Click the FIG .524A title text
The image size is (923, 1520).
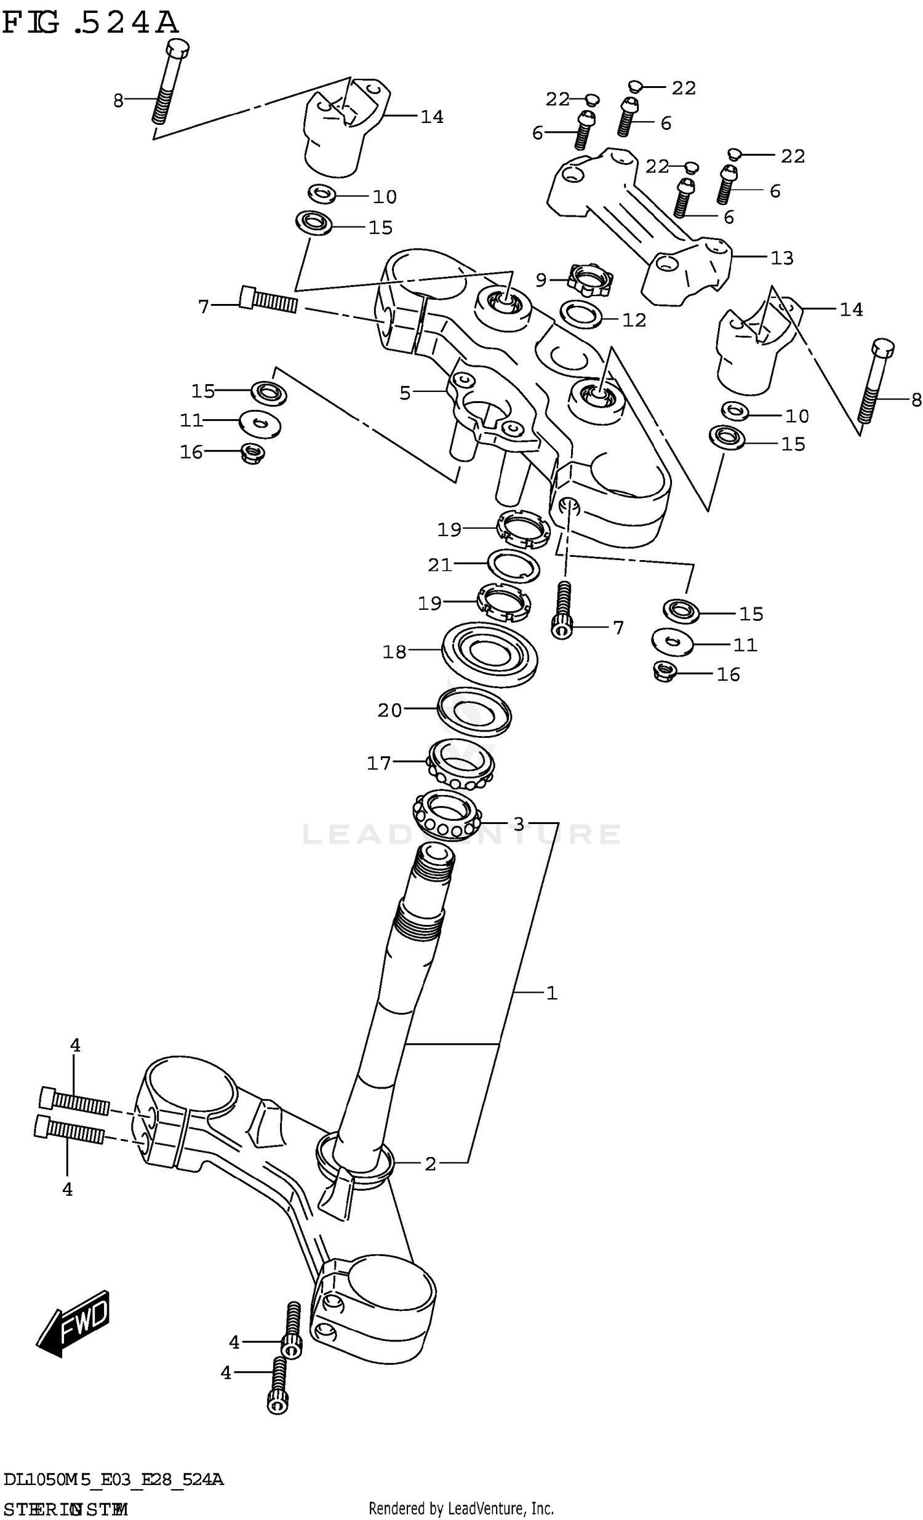pos(90,23)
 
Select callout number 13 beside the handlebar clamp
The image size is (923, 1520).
pos(781,258)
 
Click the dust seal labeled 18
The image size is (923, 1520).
pos(489,655)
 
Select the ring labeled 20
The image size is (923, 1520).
pos(473,713)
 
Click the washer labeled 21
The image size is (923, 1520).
pos(513,566)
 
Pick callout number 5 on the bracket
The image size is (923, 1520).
pos(405,393)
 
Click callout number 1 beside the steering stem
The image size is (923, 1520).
pos(551,993)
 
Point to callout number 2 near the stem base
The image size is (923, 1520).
pos(430,1164)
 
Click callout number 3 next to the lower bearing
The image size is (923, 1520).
pos(519,823)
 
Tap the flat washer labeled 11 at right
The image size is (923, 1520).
pos(672,642)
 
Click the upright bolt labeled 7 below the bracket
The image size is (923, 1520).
pos(562,610)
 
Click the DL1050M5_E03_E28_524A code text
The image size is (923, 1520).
pos(113,1479)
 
